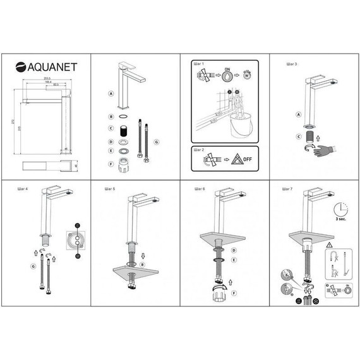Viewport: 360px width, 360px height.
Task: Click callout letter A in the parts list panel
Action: [111, 93]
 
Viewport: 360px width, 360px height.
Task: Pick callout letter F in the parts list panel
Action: [111, 164]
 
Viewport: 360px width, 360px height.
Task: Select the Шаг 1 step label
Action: [199, 64]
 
